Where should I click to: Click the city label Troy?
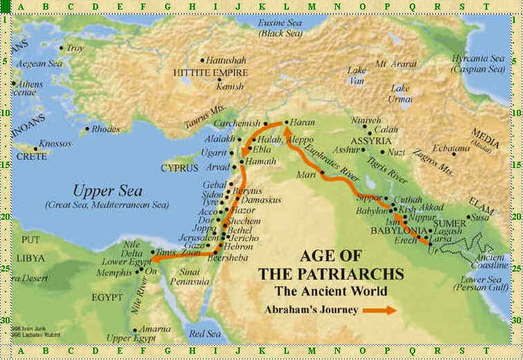[x=75, y=48]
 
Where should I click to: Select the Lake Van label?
[x=356, y=75]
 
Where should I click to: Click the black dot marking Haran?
[x=286, y=123]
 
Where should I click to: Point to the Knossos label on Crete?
[x=55, y=143]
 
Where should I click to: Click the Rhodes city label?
[x=106, y=129]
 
